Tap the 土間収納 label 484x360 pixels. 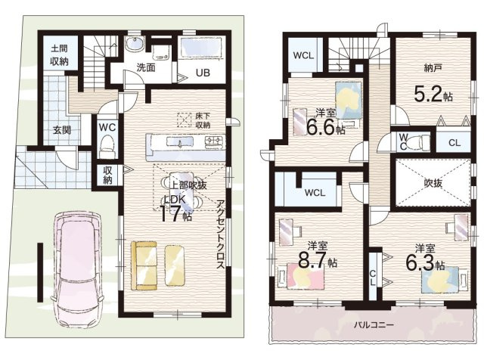click(x=59, y=55)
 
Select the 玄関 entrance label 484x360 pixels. click(x=62, y=130)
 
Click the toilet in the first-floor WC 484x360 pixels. click(x=107, y=145)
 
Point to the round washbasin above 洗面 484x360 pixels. click(x=135, y=44)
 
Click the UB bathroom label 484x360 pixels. click(x=203, y=73)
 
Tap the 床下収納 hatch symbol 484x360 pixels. click(x=184, y=120)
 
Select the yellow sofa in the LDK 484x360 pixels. click(x=144, y=265)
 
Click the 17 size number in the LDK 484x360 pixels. click(x=170, y=213)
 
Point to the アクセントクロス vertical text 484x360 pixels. click(x=220, y=234)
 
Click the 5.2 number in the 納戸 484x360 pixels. click(x=429, y=95)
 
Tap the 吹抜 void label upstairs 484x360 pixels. click(x=433, y=183)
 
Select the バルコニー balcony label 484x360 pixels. click(x=374, y=324)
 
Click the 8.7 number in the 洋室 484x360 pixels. click(x=312, y=261)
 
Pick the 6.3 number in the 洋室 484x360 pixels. click(x=420, y=263)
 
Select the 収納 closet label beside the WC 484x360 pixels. click(x=107, y=175)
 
